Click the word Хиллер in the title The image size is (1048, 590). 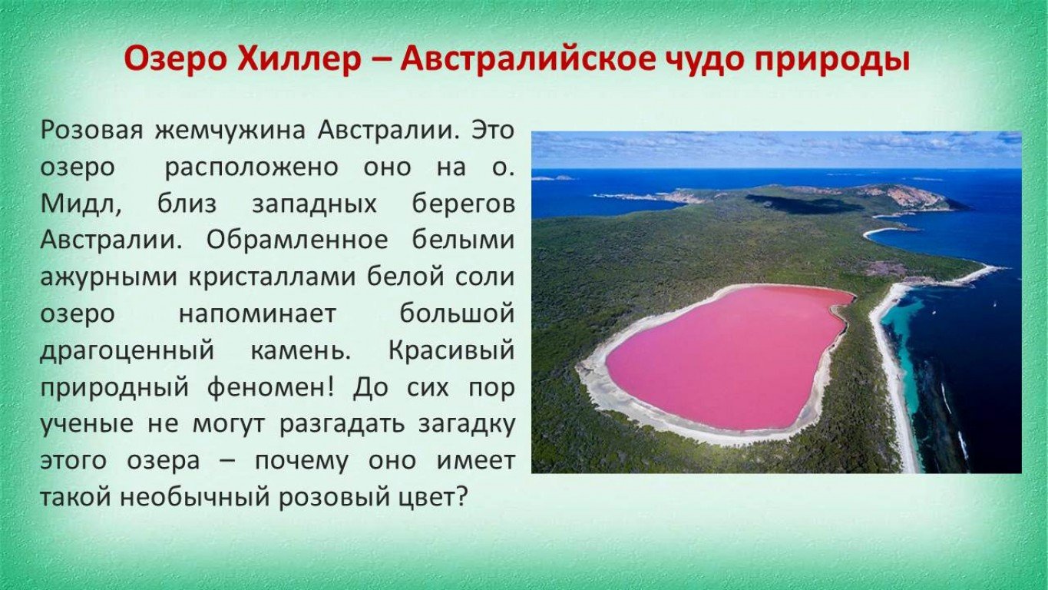click(299, 60)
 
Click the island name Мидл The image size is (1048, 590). click(81, 204)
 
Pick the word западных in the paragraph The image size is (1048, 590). click(315, 204)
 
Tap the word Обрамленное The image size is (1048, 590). click(297, 240)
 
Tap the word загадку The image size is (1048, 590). click(467, 425)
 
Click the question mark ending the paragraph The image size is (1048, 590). click(461, 496)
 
